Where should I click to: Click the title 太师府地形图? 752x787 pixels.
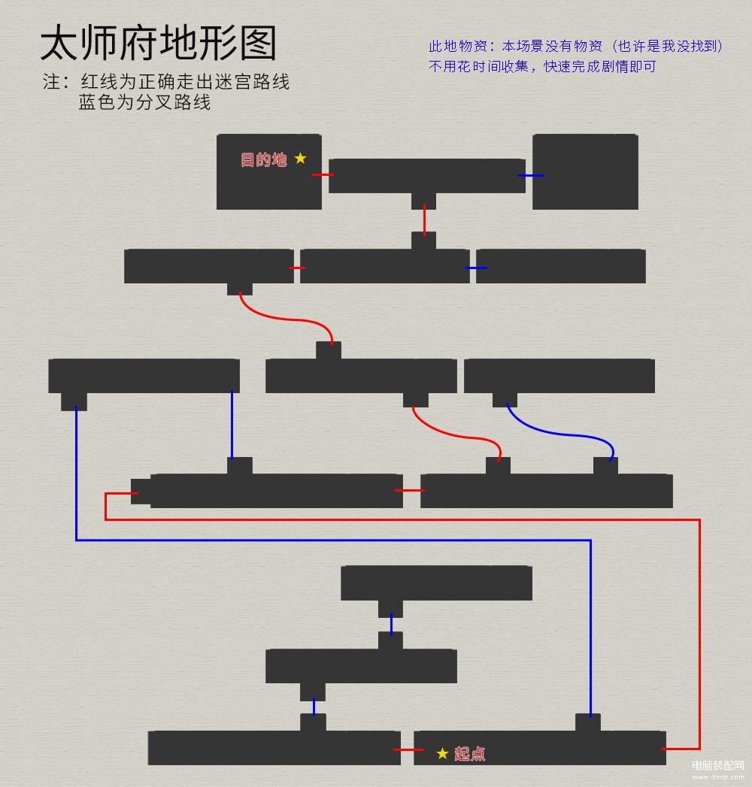[158, 43]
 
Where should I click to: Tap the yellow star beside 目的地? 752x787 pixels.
[300, 158]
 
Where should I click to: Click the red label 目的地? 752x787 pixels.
[263, 159]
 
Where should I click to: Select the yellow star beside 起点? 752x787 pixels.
[442, 753]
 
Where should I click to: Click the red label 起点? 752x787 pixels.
[470, 754]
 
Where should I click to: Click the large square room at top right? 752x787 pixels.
[585, 171]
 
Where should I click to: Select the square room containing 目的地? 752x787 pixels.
[269, 171]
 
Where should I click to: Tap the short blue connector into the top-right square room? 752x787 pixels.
[531, 176]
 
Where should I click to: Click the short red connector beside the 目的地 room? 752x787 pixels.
[323, 174]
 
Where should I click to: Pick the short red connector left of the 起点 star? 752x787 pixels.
[408, 750]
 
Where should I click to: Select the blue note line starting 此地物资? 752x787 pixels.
[576, 46]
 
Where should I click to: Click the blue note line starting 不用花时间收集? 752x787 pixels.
[542, 66]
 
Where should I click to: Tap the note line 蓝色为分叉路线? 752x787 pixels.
[144, 102]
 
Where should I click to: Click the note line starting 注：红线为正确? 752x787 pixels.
[166, 81]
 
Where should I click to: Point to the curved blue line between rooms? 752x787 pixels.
[558, 432]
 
